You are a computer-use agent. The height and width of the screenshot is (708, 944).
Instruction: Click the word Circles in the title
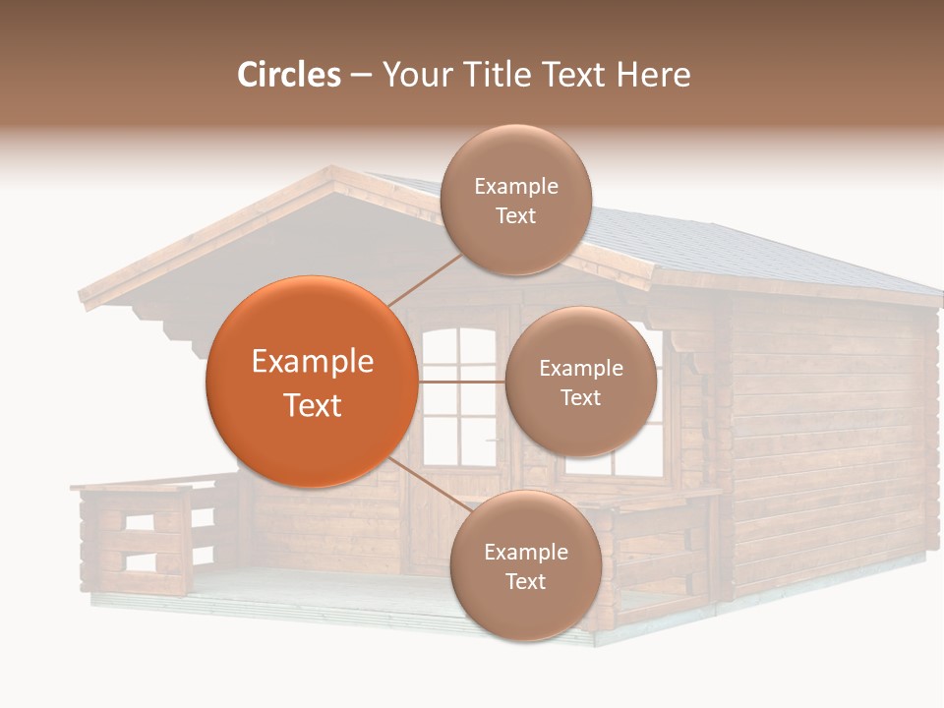coord(288,75)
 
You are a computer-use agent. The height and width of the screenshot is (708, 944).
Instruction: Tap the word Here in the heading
coord(653,75)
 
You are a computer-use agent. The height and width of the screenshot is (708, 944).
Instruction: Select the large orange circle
coord(312,382)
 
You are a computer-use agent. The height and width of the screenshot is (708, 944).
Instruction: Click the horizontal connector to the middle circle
coord(461,382)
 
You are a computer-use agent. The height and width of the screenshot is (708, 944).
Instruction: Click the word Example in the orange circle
coord(312,362)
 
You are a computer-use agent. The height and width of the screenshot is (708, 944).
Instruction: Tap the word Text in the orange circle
coord(312,405)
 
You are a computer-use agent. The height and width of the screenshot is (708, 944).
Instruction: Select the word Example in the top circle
coord(515,187)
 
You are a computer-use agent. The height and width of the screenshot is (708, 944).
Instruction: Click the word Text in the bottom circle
coord(525,581)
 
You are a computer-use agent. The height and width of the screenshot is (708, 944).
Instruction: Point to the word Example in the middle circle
coord(580,369)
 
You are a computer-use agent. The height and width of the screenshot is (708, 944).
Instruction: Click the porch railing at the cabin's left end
coord(138,536)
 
